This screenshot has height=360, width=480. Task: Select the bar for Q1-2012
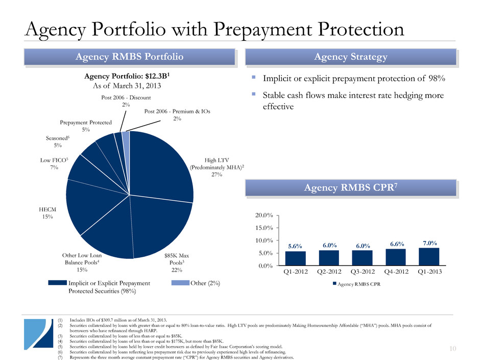coord(295,258)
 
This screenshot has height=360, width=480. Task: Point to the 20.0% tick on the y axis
coord(265,215)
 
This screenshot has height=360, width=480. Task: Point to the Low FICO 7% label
coord(51,163)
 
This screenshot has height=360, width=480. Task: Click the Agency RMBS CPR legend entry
coord(357,283)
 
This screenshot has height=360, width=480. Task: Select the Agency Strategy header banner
coord(350,57)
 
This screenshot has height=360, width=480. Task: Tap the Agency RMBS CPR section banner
coord(350,187)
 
